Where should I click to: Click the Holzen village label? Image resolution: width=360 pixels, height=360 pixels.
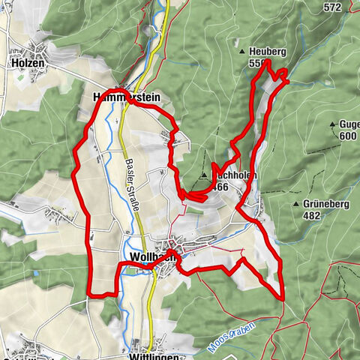point(28,64)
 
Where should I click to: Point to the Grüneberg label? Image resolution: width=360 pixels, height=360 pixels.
point(326,204)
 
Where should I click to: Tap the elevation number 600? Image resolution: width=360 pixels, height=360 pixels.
point(347,136)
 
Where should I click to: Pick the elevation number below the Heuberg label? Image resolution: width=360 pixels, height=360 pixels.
point(255,64)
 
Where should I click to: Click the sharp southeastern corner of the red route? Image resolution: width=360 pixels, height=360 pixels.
point(283,298)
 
